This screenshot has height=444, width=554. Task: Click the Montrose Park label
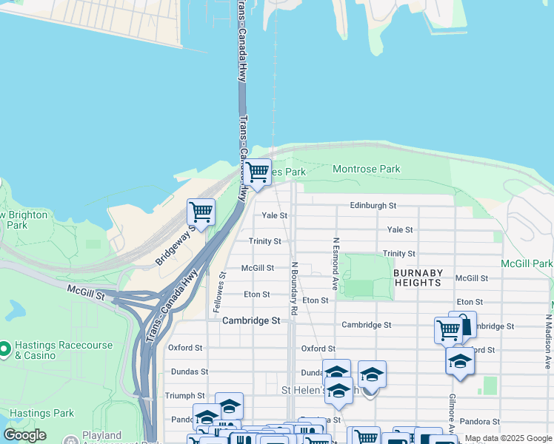366,169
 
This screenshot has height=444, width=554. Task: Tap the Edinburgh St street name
374,205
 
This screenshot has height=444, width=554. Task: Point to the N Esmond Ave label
336,263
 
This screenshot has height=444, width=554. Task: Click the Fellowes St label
223,285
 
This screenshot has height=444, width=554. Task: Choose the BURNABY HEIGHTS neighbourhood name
418,277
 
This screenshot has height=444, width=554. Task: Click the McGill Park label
527,263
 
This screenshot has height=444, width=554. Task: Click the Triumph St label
184,396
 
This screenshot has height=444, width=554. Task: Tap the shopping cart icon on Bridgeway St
201,212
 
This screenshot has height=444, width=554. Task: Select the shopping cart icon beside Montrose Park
257,172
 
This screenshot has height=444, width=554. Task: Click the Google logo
25,435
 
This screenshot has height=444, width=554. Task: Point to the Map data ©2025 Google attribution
508,438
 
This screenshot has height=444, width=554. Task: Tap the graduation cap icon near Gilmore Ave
460,361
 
